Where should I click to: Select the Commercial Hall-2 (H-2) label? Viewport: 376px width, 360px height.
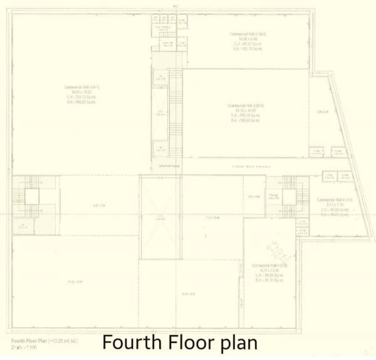(249, 33)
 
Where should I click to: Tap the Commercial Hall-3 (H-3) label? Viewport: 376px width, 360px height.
(246, 105)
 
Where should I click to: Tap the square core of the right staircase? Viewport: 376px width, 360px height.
(289, 198)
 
